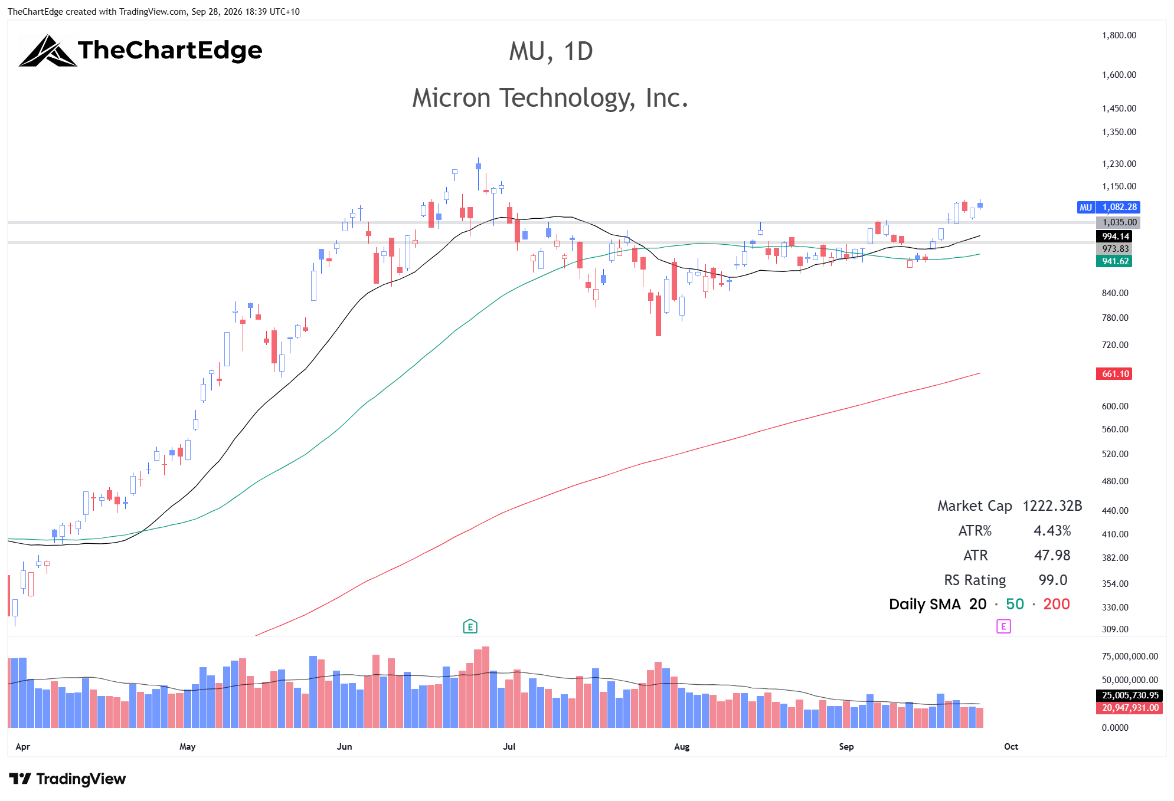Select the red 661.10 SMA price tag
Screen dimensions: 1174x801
pos(1114,373)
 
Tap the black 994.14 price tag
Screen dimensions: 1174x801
pos(1114,237)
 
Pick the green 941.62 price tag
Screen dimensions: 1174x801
pos(1114,261)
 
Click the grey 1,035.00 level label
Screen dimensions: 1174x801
pos(1118,222)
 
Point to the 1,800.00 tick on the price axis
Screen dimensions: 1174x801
pos(1119,35)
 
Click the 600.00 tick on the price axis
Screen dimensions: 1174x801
pos(1115,406)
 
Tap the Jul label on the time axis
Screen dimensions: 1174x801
pos(509,747)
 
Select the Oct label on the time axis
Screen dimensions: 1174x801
pos(1011,747)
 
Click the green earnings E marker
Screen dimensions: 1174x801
pos(470,626)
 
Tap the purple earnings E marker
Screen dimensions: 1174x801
pos(1003,626)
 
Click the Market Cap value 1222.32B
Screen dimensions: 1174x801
pos(1052,506)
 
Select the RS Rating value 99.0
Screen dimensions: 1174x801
pos(1053,580)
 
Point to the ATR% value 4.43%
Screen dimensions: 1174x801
pos(1052,531)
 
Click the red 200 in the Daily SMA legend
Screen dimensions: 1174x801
pos(1057,605)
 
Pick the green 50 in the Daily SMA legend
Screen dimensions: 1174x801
pos(1015,605)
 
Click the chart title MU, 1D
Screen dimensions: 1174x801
pos(551,52)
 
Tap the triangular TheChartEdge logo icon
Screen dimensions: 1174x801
pos(47,51)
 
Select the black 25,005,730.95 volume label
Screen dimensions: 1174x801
pos(1129,695)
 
